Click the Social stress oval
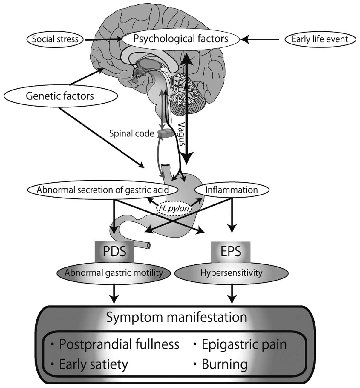[x=55, y=39]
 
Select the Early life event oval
[x=320, y=39]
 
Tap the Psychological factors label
[x=180, y=39]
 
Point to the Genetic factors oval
[x=61, y=96]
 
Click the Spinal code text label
[x=132, y=133]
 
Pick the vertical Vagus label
[x=182, y=134]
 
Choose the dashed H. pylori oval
[x=174, y=208]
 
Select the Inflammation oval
[x=232, y=190]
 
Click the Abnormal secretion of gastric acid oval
[x=103, y=190]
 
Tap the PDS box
[x=114, y=251]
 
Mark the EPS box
[x=231, y=252]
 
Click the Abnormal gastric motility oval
[x=114, y=273]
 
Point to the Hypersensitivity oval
[x=231, y=273]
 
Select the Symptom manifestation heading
[x=177, y=317]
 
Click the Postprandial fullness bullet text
[x=119, y=344]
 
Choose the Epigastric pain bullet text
[x=244, y=344]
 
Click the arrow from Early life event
[x=260, y=39]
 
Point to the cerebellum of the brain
[x=185, y=94]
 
